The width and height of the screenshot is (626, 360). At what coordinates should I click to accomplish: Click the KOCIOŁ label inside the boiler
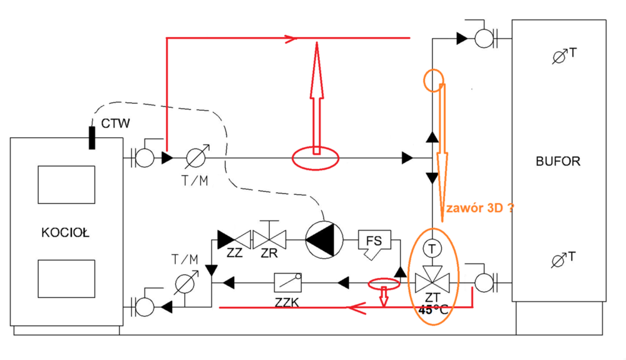pos(66,233)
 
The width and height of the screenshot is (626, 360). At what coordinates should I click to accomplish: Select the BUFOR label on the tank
pos(558,161)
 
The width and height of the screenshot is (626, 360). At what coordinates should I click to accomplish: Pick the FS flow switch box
pos(374,241)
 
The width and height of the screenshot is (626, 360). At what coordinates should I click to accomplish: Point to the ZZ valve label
pos(235,255)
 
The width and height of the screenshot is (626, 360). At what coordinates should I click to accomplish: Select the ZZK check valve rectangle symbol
pos(288,283)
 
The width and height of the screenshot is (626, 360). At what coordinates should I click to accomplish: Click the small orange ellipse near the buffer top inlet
pos(434,80)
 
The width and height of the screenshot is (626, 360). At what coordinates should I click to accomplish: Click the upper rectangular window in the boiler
pos(66,185)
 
